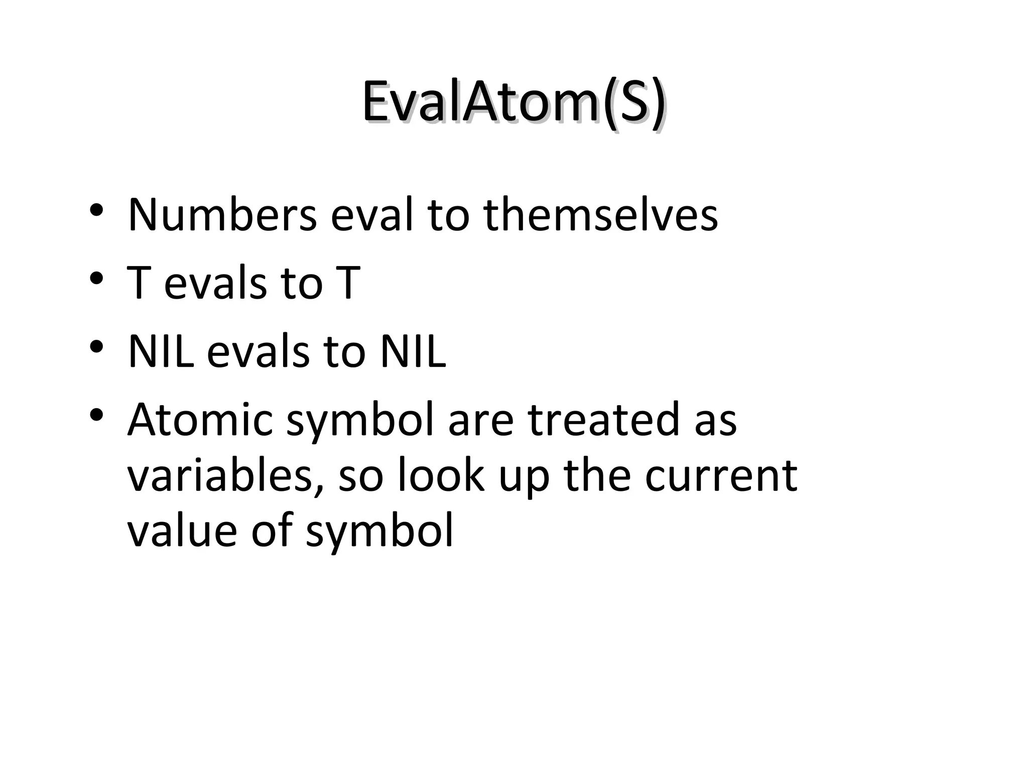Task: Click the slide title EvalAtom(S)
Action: pyautogui.click(x=513, y=103)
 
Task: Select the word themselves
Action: pyautogui.click(x=600, y=216)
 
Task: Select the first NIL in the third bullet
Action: pyautogui.click(x=161, y=352)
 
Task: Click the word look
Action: pyautogui.click(x=441, y=475)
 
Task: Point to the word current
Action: pyautogui.click(x=721, y=475)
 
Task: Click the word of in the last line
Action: pyautogui.click(x=271, y=531)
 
